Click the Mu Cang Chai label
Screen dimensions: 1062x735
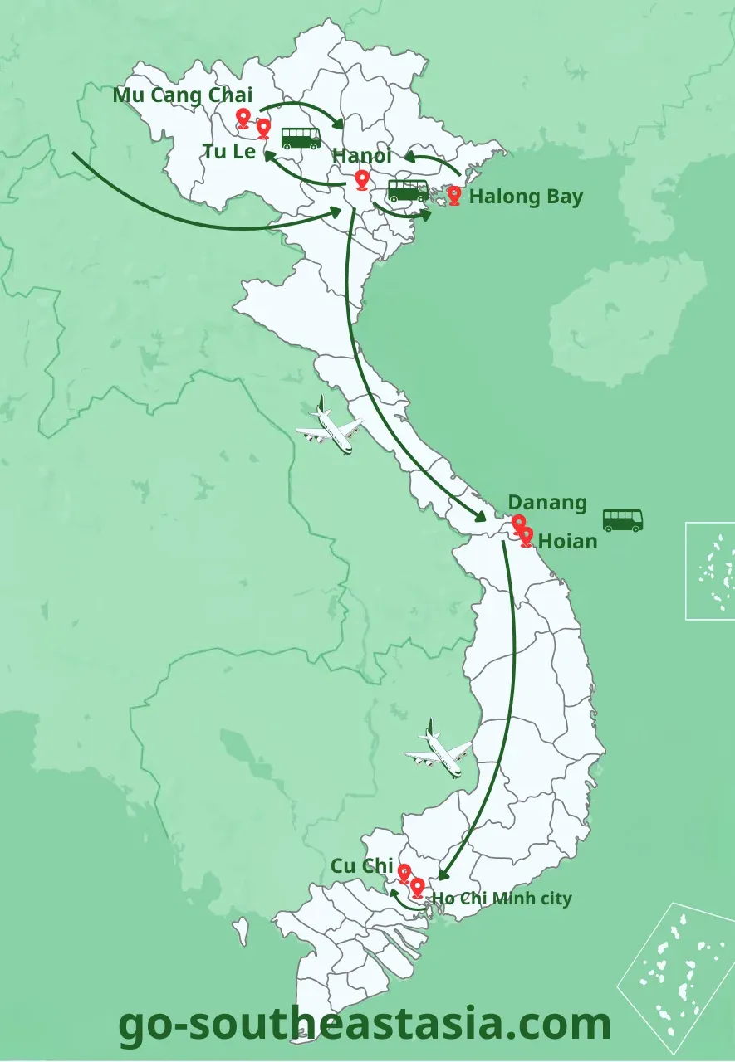183,95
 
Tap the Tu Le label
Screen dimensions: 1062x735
229,151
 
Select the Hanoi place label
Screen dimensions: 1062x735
361,155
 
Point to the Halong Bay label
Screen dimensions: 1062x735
526,197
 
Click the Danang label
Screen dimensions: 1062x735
547,502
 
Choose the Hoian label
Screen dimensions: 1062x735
568,541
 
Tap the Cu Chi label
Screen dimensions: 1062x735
361,865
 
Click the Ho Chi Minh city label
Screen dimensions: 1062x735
502,898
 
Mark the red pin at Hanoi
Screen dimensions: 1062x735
361,178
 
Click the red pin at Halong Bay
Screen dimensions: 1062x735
454,194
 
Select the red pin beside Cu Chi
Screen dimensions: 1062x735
404,872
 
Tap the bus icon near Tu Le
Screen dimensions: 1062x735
301,138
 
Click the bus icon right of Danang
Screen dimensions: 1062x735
622,520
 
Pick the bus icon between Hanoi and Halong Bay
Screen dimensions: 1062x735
408,191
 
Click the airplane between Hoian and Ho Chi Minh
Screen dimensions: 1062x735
439,751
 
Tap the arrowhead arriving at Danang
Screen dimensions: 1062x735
482,516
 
